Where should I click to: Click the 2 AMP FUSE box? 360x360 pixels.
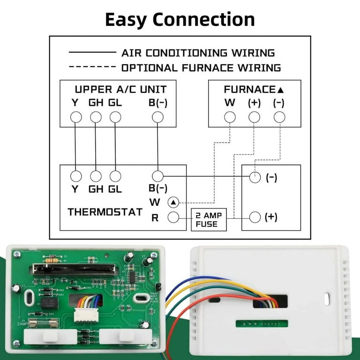[207, 219]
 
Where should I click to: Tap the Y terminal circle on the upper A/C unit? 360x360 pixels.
[75, 117]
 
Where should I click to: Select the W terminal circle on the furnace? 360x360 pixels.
[230, 117]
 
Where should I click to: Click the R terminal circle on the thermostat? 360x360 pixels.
[173, 217]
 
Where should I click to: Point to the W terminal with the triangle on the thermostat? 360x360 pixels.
[173, 202]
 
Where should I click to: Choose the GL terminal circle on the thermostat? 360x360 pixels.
[115, 176]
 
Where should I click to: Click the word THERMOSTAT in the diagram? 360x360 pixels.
[105, 212]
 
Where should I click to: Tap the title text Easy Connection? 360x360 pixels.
[180, 20]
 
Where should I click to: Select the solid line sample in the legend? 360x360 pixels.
[92, 52]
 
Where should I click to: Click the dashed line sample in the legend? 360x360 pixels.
[92, 67]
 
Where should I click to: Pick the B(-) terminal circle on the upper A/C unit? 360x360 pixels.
[158, 117]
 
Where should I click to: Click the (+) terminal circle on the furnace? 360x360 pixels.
[254, 117]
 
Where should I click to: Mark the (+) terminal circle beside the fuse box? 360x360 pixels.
[255, 217]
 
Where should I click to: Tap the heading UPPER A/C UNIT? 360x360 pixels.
[120, 89]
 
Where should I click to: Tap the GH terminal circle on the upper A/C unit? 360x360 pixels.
[96, 117]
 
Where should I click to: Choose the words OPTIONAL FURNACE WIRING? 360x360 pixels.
[201, 67]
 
